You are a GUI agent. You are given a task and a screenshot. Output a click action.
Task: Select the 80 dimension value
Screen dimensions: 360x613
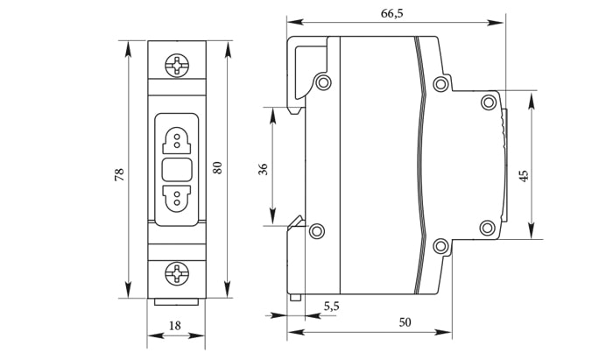[218, 166]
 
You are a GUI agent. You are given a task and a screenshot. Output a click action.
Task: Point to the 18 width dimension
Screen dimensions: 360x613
[174, 325]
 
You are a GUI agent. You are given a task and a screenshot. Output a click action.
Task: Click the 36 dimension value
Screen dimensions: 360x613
[263, 169]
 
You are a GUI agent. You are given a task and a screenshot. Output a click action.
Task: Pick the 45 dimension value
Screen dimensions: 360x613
[524, 176]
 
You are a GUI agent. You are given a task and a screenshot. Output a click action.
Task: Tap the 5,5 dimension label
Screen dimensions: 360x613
[333, 306]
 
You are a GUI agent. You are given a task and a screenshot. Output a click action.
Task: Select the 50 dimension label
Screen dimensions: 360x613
[405, 322]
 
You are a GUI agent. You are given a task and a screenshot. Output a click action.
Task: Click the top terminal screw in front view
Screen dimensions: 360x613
[178, 64]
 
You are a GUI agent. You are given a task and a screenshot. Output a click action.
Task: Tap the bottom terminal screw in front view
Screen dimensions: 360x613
[178, 273]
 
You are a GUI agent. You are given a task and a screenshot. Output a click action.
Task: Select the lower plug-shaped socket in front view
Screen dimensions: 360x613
[177, 197]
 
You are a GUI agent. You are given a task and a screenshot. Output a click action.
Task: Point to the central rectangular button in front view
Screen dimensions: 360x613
[177, 168]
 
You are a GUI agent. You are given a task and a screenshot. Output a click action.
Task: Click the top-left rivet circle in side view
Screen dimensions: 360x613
[324, 83]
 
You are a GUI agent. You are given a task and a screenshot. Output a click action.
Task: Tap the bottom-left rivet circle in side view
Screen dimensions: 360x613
[317, 231]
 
